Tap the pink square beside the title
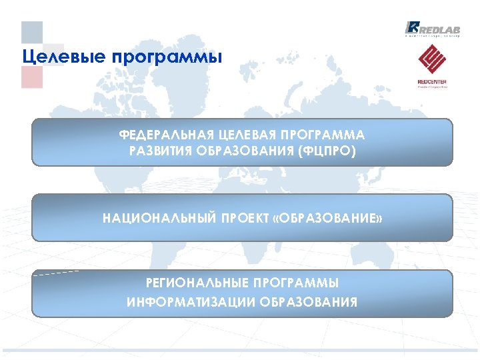coord(32,77)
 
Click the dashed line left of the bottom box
coord(56,273)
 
